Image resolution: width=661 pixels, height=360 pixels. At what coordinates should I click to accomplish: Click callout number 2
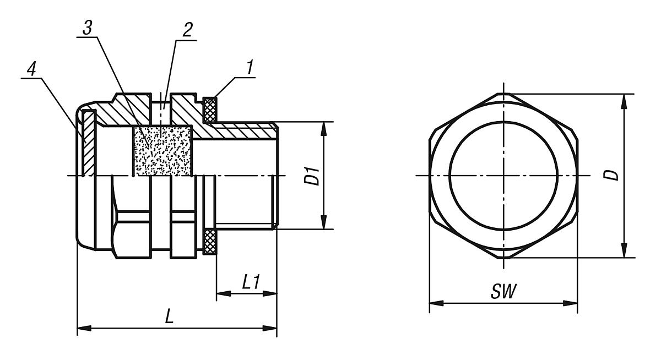pyautogui.click(x=188, y=30)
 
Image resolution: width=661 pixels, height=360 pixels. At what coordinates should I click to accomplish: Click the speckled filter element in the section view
pyautogui.click(x=162, y=151)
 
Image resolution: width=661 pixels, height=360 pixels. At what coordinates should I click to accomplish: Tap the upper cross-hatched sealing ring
pyautogui.click(x=210, y=110)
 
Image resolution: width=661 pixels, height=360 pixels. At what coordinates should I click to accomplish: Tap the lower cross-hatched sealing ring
pyautogui.click(x=210, y=242)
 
